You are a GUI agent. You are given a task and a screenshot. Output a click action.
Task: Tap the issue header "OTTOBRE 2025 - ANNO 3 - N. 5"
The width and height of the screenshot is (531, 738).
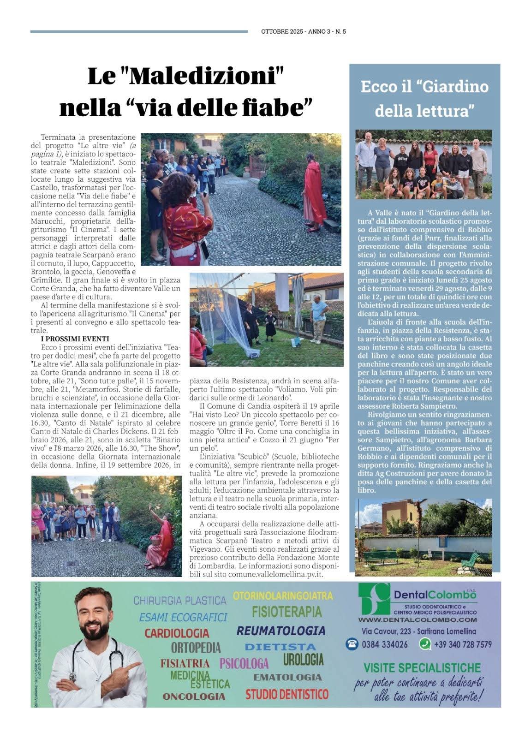pyautogui.click(x=303, y=32)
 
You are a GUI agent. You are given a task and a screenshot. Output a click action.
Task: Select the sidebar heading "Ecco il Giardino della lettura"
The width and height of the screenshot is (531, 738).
pyautogui.click(x=424, y=98)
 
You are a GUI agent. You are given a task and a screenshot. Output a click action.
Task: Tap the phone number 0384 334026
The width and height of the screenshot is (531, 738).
pyautogui.click(x=384, y=644)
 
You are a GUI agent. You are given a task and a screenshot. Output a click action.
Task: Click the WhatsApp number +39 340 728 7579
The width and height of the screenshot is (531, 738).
pyautogui.click(x=462, y=644)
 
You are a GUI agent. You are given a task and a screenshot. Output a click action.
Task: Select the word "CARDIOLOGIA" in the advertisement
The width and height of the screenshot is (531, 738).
pyautogui.click(x=177, y=633)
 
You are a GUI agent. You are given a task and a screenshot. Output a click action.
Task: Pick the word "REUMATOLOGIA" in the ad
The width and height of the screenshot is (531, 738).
pyautogui.click(x=280, y=631)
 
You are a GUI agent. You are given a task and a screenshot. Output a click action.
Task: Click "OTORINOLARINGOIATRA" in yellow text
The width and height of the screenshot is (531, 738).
pyautogui.click(x=283, y=595)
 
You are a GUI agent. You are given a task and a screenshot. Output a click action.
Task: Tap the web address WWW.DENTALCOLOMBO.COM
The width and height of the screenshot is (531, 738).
pyautogui.click(x=418, y=619)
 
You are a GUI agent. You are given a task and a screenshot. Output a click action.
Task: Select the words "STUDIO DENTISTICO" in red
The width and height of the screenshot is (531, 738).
pyautogui.click(x=287, y=694)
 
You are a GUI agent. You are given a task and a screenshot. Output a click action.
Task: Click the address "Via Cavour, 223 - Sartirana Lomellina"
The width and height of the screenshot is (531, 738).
pyautogui.click(x=418, y=631)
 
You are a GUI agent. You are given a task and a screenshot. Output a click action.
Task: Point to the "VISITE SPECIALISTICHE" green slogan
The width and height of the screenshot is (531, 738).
pyautogui.click(x=422, y=667)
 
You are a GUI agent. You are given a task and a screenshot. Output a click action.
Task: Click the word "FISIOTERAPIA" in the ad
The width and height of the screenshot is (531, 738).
pyautogui.click(x=286, y=612)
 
